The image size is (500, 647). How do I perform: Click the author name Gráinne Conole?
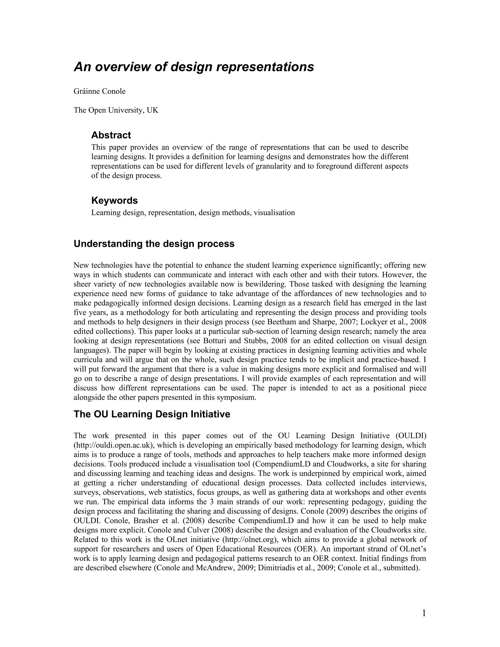coord(100,91)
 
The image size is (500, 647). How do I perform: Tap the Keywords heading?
coord(114,200)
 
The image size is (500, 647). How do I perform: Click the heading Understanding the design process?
coord(154,244)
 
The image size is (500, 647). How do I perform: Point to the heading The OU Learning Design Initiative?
coord(152,414)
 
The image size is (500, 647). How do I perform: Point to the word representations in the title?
coord(265,67)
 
